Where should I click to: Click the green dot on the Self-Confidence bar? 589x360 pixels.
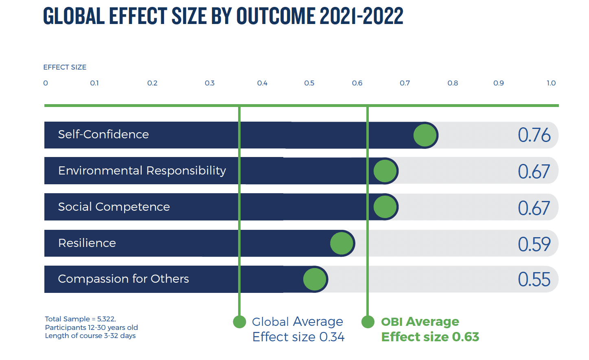[x=425, y=135]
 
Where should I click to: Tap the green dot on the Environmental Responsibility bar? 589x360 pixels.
[x=385, y=171]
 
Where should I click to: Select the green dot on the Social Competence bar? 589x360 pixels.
[x=385, y=207]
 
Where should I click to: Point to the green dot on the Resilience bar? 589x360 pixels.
[x=342, y=243]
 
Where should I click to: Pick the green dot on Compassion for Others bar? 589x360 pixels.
[x=315, y=279]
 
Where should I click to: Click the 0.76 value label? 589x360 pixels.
[x=534, y=135]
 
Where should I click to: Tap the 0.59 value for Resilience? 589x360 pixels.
[x=534, y=244]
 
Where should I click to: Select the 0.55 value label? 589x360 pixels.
[x=534, y=280]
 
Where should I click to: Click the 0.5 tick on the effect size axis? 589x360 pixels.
[x=309, y=83]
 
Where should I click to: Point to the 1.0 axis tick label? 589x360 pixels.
[x=551, y=83]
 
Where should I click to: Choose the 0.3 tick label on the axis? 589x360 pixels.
[x=210, y=83]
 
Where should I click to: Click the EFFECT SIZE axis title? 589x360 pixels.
[x=65, y=68]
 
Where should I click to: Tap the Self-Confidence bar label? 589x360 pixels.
[x=103, y=135]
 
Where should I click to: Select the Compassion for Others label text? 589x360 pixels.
[x=123, y=279]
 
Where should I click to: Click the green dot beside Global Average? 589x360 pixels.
[x=239, y=322]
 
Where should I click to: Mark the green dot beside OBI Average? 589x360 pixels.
[x=368, y=322]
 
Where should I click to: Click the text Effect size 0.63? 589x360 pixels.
[x=430, y=337]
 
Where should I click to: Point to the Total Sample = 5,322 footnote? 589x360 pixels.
[x=80, y=319]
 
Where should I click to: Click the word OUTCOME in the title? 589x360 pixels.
[x=276, y=16]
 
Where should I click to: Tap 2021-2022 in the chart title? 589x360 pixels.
[x=361, y=16]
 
